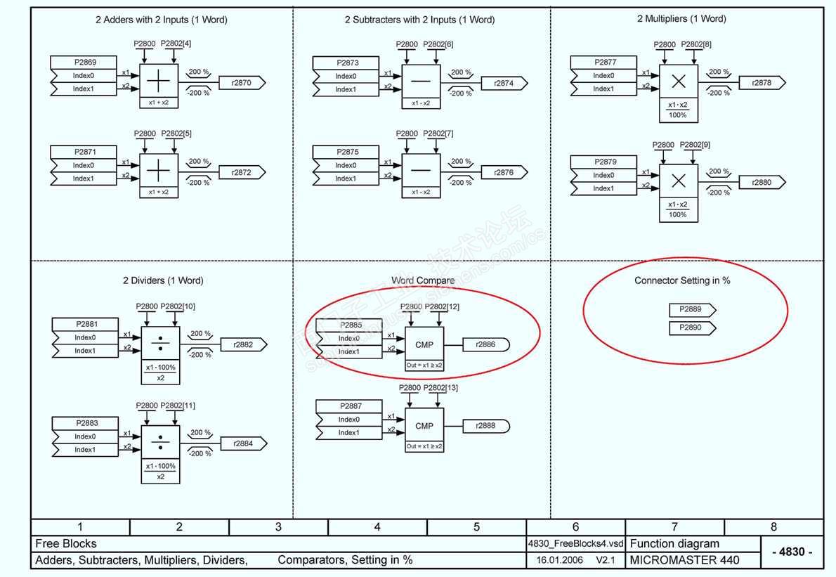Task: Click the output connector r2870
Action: coord(241,82)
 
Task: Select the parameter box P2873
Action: coord(346,63)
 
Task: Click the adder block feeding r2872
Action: coord(159,171)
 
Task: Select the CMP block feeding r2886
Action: coord(424,344)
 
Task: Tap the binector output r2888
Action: coord(486,425)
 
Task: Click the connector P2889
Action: coord(691,309)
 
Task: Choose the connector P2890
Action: coord(691,328)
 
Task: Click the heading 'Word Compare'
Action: coord(422,280)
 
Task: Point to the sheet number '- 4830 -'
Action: coord(792,552)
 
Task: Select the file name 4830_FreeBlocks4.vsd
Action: coord(575,543)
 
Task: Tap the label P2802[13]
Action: coord(442,388)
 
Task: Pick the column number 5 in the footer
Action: coord(476,526)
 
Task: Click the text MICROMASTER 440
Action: coord(675,560)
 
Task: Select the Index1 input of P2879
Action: coord(603,188)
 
